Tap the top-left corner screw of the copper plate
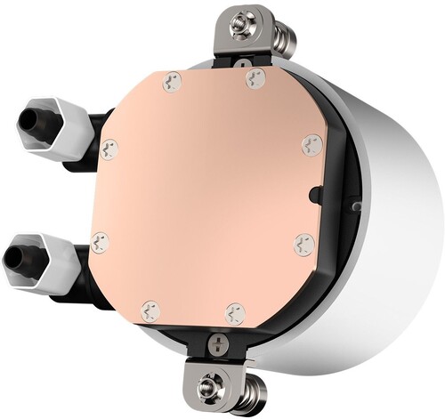pos(172,81)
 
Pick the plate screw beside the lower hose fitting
pos(100,239)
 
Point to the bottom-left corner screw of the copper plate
pos(151,310)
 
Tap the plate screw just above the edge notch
pos(311,144)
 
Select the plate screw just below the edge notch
pos(303,244)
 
